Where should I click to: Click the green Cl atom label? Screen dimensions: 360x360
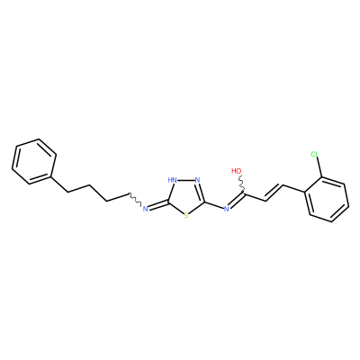[314, 155]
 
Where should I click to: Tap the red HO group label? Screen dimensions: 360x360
[237, 171]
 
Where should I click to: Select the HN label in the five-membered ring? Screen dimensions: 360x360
[172, 180]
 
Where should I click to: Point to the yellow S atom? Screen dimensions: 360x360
[186, 215]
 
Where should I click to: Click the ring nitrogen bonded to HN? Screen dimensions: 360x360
[197, 180]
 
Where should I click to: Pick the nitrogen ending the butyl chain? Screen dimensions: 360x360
[145, 209]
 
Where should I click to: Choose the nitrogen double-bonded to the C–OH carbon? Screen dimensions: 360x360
[227, 209]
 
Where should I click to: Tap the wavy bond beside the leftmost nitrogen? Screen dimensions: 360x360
[135, 200]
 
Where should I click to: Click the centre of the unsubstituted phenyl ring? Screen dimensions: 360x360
[34, 161]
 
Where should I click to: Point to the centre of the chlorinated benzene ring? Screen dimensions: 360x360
[327, 199]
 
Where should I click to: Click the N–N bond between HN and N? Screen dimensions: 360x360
[185, 180]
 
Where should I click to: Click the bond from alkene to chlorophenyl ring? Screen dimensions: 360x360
[294, 189]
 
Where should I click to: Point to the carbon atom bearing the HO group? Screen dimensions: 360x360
[245, 194]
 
